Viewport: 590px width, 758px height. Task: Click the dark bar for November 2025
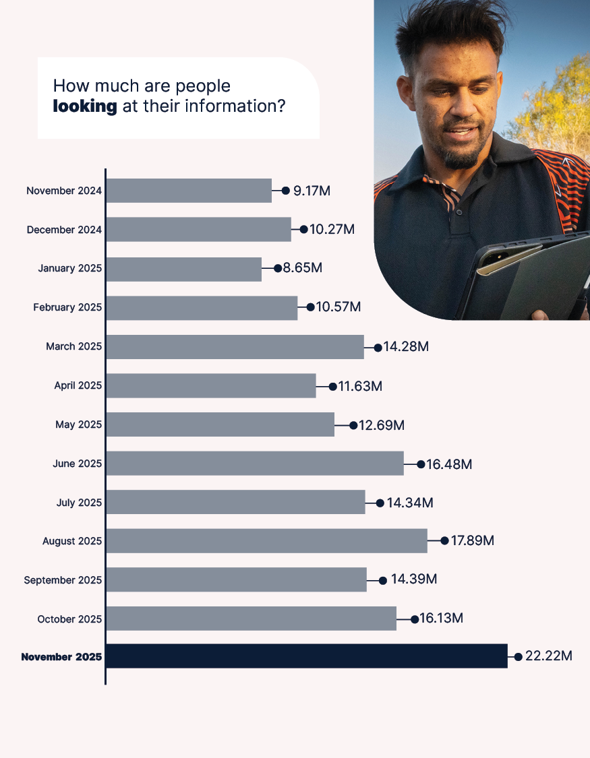[306, 656]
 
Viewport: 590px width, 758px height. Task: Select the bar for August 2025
[266, 540]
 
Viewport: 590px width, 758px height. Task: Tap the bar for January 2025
[183, 269]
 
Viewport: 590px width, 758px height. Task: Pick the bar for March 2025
[235, 346]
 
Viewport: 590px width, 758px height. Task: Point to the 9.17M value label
[312, 191]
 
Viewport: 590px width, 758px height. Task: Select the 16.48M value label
[449, 464]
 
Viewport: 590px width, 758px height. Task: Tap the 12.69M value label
[382, 425]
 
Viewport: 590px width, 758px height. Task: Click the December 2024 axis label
[64, 230]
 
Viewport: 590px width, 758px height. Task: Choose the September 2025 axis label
[63, 580]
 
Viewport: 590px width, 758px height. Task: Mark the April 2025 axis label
[78, 386]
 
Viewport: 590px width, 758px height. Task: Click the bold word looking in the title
[85, 106]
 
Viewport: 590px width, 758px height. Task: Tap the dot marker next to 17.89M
[444, 540]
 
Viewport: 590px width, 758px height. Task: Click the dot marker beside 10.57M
[310, 307]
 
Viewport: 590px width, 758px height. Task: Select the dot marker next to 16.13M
[415, 619]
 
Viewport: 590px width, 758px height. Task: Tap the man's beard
[462, 158]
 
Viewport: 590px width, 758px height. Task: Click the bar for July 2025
[235, 502]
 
